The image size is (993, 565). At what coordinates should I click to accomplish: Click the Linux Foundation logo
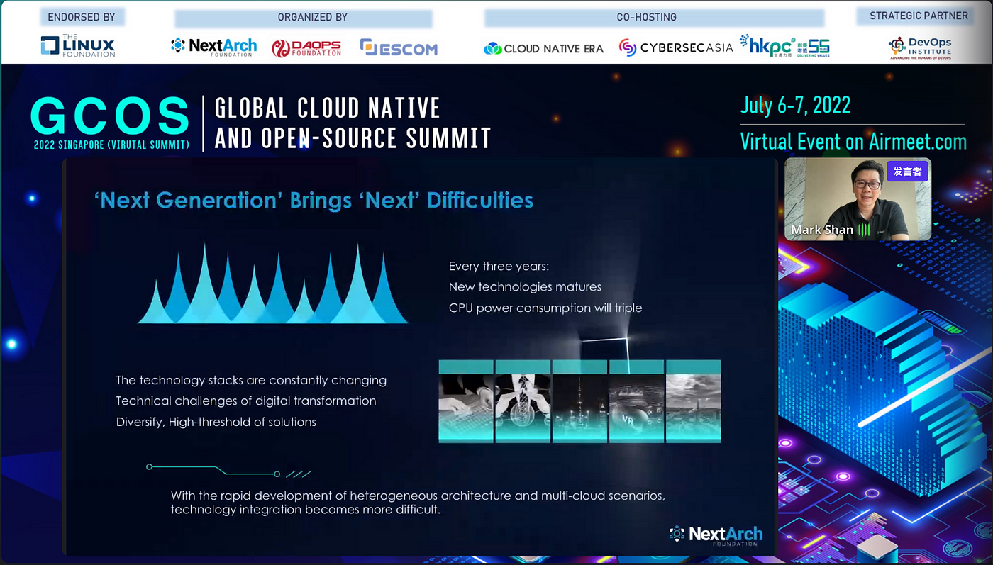point(78,45)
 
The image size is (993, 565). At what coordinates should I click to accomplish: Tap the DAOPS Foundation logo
point(306,48)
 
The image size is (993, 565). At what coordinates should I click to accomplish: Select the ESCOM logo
point(399,47)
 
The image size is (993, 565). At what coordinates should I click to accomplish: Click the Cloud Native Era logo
point(543,48)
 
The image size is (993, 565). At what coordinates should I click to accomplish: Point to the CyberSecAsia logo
point(675,47)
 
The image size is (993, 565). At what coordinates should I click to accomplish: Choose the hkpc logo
point(784,46)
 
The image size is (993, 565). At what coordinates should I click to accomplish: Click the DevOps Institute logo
point(920,48)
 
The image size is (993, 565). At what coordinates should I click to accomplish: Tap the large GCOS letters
point(110,116)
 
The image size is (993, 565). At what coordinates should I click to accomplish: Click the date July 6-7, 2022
point(795,106)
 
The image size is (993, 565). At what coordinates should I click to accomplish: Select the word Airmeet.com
point(918,141)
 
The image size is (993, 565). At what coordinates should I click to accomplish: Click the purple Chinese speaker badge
point(907,172)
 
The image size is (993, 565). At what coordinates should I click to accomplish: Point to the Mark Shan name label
point(822,230)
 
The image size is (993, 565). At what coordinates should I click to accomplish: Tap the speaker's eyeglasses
point(867,184)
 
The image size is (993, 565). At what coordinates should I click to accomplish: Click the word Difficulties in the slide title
point(480,201)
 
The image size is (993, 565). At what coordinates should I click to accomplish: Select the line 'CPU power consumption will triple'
point(545,308)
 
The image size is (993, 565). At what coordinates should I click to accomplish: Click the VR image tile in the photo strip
point(637,401)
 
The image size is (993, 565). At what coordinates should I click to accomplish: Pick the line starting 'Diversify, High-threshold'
point(216,422)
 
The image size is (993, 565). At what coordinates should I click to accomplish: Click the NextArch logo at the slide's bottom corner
point(716,535)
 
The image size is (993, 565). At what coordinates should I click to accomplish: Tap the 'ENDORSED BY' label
point(82,17)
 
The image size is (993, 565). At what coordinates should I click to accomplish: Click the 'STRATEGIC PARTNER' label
point(919,16)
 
